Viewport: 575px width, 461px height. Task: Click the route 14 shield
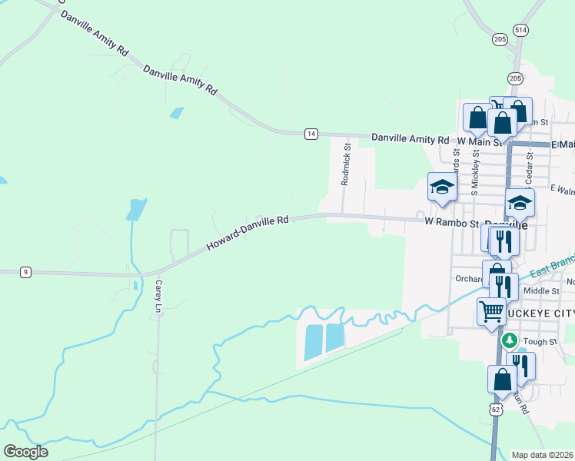(311, 134)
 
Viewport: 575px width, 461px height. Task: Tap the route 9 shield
(26, 271)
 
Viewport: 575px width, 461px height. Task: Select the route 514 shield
(522, 29)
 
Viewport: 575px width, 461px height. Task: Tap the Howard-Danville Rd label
(247, 234)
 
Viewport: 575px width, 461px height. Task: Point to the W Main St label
(479, 141)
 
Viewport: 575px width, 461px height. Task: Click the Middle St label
(540, 291)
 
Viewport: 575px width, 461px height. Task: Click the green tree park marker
(508, 339)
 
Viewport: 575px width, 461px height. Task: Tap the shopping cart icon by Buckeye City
(491, 311)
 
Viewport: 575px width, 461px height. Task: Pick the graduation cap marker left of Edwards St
(442, 187)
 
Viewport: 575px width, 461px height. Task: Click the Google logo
(25, 452)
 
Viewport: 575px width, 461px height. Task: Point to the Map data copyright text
(543, 455)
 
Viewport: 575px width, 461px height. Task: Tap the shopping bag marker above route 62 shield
(501, 379)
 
